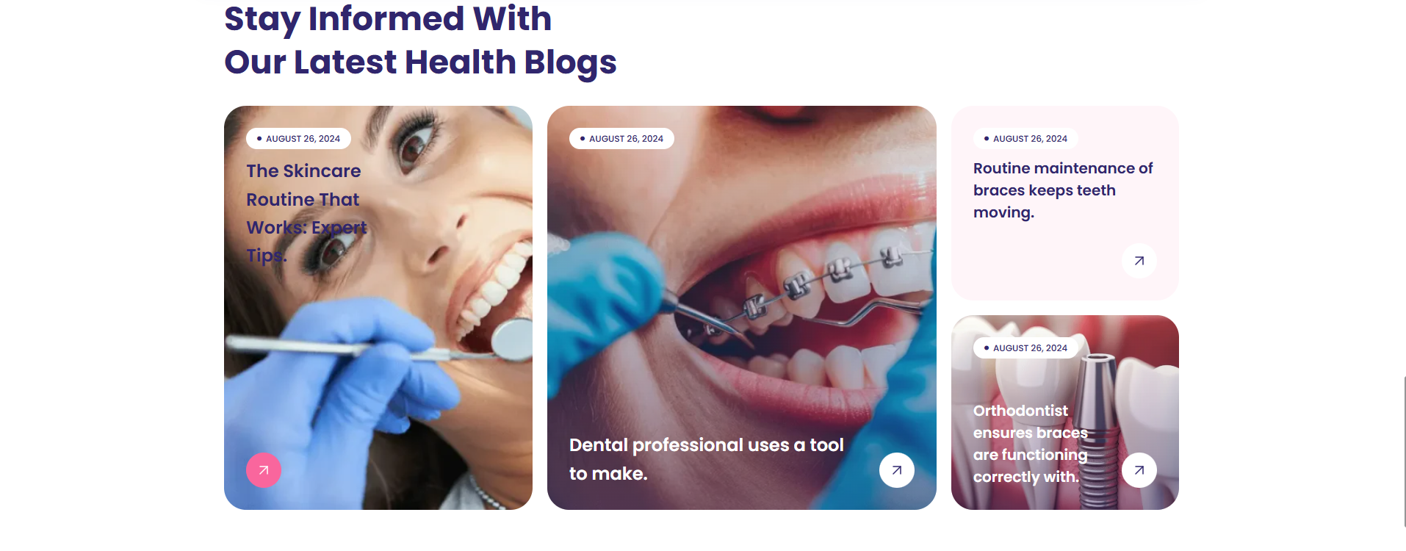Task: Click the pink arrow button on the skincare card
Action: click(264, 470)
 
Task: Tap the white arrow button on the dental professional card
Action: click(897, 470)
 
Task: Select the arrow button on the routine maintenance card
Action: click(1139, 261)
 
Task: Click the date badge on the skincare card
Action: click(298, 139)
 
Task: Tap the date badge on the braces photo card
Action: click(621, 139)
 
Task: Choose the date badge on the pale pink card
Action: click(1025, 139)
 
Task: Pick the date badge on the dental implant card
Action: click(1025, 348)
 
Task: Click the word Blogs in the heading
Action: click(570, 62)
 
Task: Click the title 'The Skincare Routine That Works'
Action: click(306, 213)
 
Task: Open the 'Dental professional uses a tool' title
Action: click(706, 459)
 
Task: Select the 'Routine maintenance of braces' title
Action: click(1063, 190)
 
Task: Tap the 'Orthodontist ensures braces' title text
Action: click(1031, 444)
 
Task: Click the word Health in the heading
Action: click(461, 62)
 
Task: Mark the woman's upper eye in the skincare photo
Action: click(414, 140)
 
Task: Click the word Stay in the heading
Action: click(262, 20)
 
